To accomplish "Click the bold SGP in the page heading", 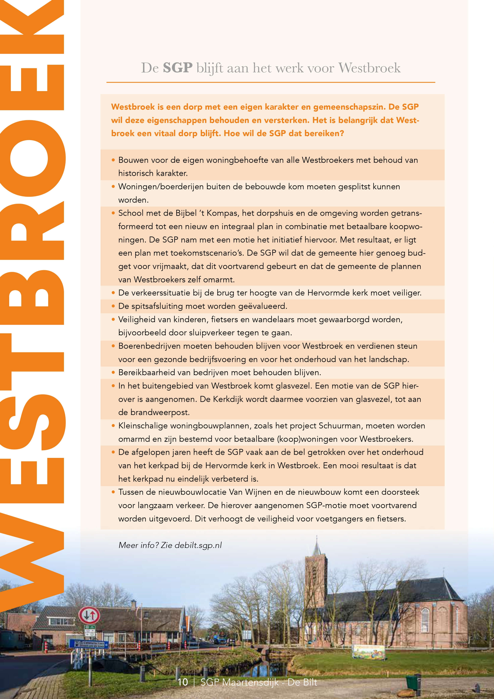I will [x=177, y=68].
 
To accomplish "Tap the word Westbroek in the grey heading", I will [x=369, y=68].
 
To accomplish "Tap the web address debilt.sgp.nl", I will [x=198, y=545].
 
